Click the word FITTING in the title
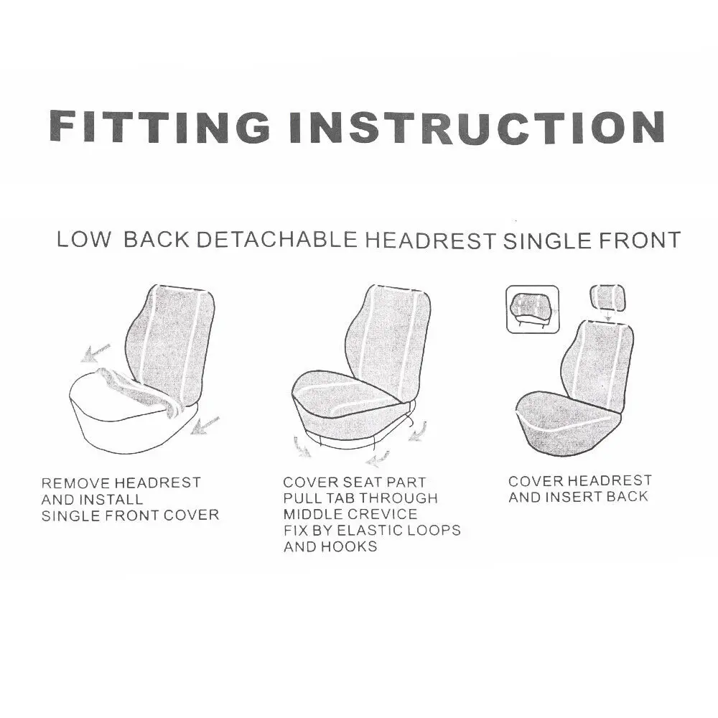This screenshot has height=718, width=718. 159,126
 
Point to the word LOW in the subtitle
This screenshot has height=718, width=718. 84,240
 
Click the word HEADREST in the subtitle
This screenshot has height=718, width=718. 430,241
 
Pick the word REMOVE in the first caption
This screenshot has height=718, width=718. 75,482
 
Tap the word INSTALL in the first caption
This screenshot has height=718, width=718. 111,499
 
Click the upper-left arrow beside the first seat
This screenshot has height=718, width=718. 95,353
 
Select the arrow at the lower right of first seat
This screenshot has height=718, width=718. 205,425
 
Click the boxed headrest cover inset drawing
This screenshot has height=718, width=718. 533,309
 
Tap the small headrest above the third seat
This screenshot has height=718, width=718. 607,296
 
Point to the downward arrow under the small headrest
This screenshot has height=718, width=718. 607,314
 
